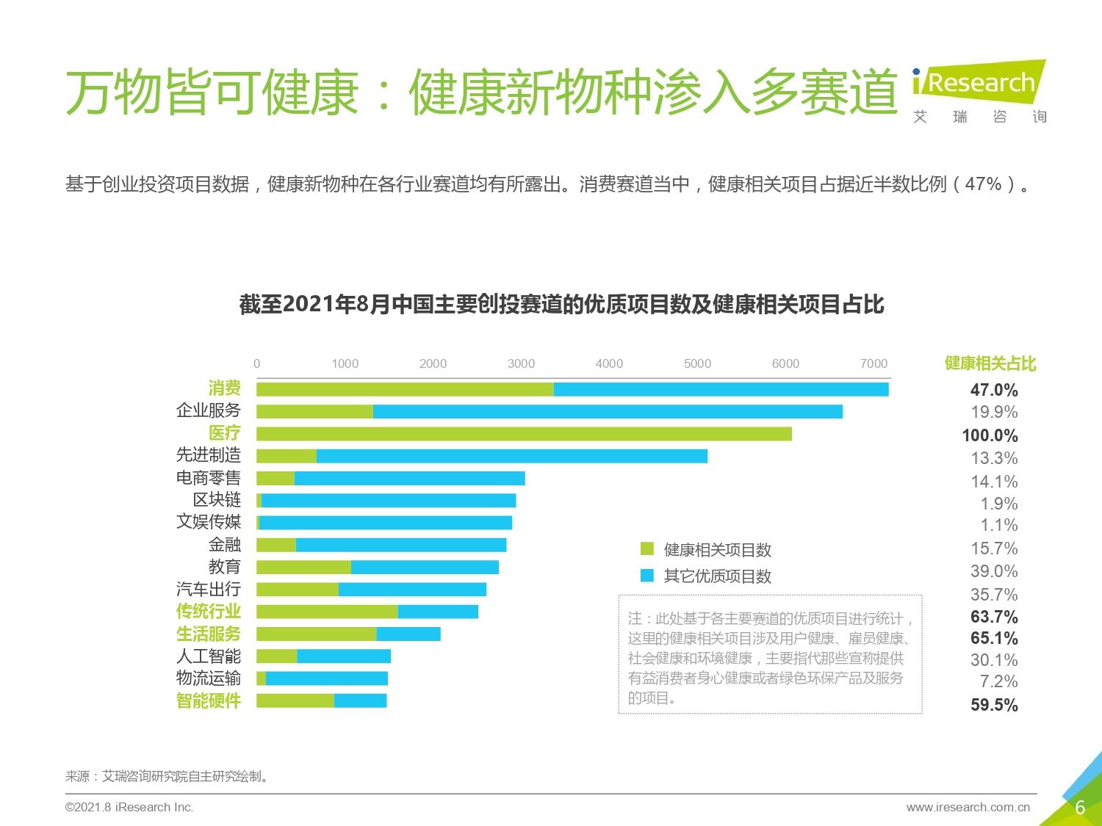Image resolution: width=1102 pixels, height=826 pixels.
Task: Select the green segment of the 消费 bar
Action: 405,389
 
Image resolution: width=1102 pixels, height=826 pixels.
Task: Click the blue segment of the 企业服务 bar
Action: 608,412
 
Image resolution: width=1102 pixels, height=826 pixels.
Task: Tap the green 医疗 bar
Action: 524,434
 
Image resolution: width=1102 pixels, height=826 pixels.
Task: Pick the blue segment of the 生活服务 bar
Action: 408,634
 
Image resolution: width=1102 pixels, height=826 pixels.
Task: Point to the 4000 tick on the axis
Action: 609,363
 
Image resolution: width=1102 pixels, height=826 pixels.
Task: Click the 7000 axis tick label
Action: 874,363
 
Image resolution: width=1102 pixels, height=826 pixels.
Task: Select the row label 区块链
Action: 217,500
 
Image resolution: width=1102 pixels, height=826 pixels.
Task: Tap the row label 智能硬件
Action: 209,700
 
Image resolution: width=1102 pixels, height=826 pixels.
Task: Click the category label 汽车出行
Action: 209,589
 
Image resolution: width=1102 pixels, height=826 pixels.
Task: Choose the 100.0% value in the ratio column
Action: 990,435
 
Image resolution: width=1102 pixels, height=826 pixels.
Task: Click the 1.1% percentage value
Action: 998,525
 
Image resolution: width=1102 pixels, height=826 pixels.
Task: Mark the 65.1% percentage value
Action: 994,638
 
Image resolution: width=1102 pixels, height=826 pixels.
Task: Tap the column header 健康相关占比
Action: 990,363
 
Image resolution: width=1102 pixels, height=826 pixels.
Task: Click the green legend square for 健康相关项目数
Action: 647,549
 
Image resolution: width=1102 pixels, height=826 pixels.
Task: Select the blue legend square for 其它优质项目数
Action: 647,576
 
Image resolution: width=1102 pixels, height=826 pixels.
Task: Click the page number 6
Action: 1080,808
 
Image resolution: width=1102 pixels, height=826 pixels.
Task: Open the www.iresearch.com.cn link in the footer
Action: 968,808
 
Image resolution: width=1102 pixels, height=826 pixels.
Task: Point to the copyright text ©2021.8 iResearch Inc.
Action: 129,808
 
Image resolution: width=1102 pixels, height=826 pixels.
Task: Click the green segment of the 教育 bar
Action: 303,567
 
